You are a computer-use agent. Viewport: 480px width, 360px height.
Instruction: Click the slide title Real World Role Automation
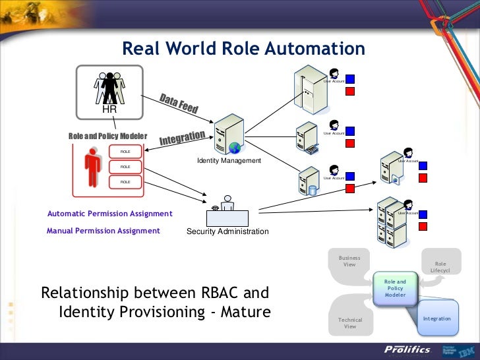(243, 49)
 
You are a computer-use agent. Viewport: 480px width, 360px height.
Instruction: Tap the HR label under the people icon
(109, 109)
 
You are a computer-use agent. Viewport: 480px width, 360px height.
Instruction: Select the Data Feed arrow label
(178, 104)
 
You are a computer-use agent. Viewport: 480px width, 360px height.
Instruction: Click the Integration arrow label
(182, 138)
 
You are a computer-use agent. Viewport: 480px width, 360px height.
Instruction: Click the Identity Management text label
(229, 161)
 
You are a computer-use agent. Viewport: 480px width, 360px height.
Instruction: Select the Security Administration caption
(227, 231)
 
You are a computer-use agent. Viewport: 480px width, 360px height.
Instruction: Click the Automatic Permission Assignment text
(109, 214)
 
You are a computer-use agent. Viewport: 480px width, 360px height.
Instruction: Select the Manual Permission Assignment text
(104, 231)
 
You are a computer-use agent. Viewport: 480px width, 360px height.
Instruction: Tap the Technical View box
(350, 322)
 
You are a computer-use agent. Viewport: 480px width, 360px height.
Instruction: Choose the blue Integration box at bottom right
(436, 318)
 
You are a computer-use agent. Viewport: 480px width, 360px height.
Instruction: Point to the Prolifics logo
(407, 349)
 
